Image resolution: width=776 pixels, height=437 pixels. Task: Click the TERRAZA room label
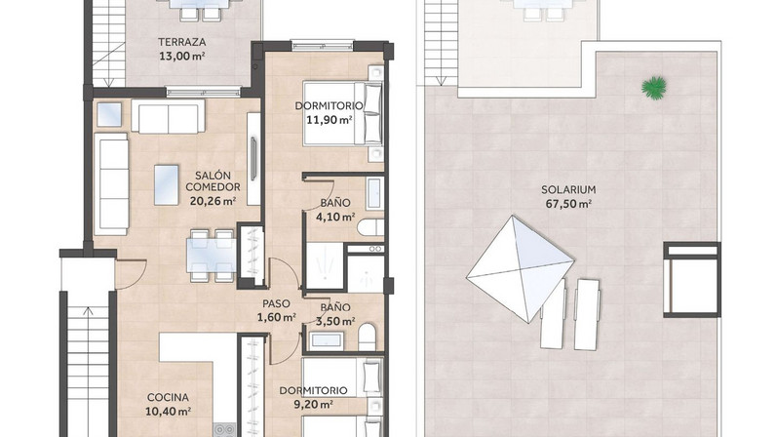coord(181,42)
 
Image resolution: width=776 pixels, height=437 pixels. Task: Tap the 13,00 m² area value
coord(181,56)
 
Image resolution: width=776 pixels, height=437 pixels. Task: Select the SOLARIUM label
coord(568,189)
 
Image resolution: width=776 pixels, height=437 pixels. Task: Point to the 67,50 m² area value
coord(568,203)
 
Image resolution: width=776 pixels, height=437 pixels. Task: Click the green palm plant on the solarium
coord(654,88)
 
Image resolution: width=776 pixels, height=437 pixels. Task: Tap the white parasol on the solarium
coord(521,268)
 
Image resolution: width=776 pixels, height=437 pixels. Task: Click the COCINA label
coord(168,397)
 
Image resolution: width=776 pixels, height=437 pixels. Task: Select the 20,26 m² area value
coord(213,201)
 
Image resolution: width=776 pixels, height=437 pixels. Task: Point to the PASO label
coord(276,303)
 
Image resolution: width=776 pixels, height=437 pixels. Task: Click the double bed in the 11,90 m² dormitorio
coord(343,113)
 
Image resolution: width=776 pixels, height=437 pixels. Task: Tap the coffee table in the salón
coord(167,184)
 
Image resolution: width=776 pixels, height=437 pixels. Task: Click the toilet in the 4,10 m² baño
coord(370,227)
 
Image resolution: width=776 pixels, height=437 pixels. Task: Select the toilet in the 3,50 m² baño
coord(367,338)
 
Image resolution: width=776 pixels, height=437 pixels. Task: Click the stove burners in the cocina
coord(224,429)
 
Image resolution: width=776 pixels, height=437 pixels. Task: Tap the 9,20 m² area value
coord(313,404)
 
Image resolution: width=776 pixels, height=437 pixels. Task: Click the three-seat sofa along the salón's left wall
coord(111,183)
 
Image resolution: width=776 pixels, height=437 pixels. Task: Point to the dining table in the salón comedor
coord(212,256)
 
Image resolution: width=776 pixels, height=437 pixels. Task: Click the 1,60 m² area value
coord(276,317)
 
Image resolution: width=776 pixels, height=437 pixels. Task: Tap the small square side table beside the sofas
coord(109,114)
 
